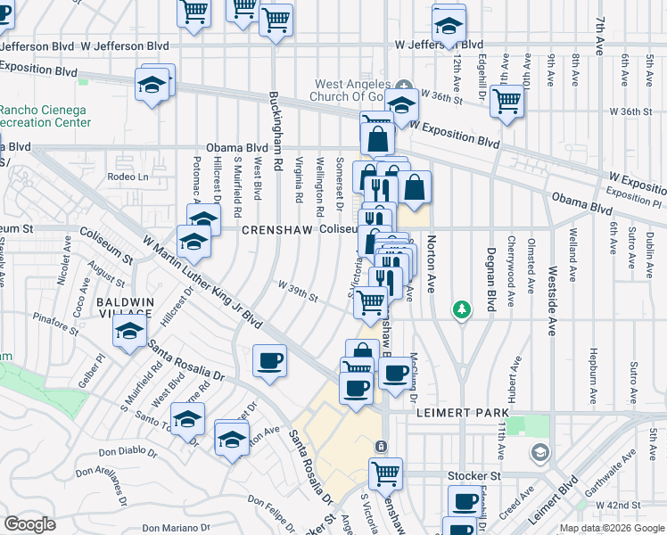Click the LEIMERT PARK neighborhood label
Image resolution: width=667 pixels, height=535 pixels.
462,414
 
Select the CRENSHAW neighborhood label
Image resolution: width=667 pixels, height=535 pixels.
277,229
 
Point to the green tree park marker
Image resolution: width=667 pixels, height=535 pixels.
461,309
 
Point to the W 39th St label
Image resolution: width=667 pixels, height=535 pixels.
298,292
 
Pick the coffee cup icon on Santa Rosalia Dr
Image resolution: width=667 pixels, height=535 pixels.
269,361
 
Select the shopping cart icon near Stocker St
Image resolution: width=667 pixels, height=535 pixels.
385,473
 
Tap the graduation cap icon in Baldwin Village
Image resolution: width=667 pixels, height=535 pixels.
130,332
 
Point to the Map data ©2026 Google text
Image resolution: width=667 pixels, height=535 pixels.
611,528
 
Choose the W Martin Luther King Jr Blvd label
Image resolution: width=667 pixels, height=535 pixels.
202,282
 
